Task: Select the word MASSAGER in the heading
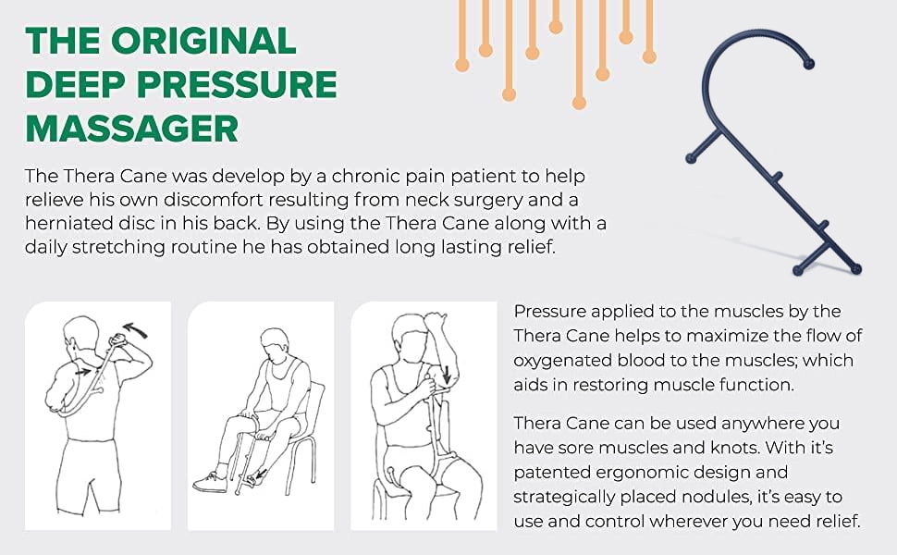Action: pos(132,128)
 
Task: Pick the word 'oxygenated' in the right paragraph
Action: pos(560,360)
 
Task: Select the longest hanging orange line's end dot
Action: pos(579,102)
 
